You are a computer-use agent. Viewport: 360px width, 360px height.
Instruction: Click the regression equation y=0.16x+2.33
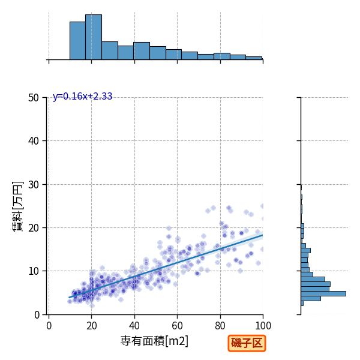82,96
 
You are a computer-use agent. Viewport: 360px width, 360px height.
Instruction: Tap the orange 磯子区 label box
247,343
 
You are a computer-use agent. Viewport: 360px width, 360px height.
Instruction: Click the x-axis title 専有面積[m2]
154,341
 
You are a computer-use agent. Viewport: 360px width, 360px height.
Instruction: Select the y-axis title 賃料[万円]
18,206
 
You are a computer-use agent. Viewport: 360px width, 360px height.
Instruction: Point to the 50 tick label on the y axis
34,98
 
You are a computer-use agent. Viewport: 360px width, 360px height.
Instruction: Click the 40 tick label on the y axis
34,141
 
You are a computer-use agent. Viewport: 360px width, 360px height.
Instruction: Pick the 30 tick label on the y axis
34,185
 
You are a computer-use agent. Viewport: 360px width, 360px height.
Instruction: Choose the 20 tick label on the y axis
34,228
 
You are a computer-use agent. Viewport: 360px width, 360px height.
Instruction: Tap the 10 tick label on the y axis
34,271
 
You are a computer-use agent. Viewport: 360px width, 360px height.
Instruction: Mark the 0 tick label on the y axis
37,315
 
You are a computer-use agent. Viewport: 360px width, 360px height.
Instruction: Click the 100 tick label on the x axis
263,326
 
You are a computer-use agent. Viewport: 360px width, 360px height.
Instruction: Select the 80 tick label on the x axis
220,326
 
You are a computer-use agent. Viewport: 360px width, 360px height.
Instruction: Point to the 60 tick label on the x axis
177,326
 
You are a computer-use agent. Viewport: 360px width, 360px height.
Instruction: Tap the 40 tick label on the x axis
134,326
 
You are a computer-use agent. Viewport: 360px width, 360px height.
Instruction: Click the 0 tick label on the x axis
49,326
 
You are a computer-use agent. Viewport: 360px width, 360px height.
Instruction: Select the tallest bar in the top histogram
94,37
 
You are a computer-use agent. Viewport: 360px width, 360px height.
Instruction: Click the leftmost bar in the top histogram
77,41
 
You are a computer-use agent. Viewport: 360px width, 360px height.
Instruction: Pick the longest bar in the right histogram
323,293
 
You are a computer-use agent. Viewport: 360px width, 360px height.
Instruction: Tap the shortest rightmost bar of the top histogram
254,58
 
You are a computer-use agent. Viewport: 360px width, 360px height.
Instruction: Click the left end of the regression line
69,298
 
